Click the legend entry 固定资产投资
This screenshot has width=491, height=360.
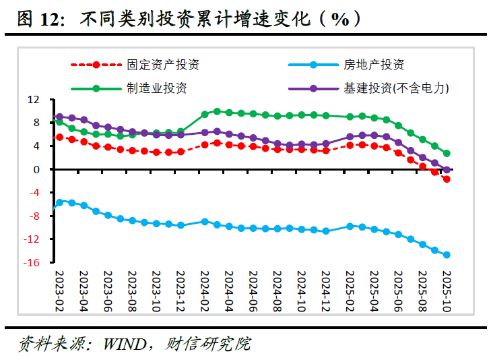[x=162, y=65]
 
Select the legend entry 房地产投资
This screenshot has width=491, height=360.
[x=374, y=65]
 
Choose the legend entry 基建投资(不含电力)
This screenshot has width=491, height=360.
[x=395, y=88]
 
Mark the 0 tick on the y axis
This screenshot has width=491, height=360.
[x=36, y=169]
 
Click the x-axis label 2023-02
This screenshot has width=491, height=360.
[x=59, y=289]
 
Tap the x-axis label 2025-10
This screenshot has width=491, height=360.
[x=446, y=289]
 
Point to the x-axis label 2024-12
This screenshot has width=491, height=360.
[x=326, y=289]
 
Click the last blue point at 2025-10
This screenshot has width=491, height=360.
[x=447, y=255]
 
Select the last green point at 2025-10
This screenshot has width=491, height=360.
[x=447, y=154]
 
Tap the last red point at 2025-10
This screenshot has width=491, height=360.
[x=447, y=179]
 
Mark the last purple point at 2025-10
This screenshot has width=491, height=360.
[x=447, y=170]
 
